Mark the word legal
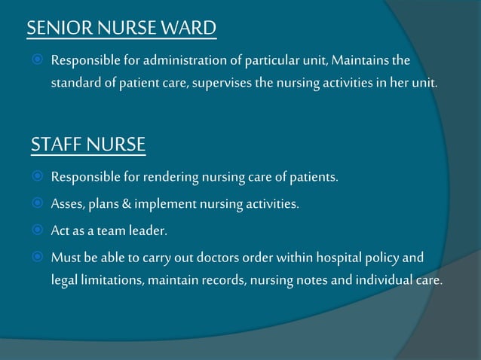pos(64,280)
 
